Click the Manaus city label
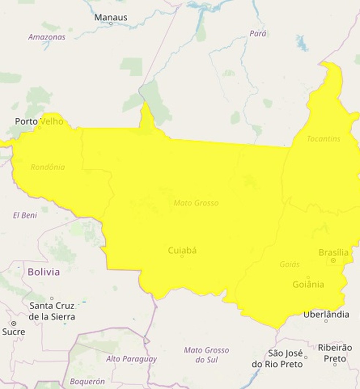click(111, 17)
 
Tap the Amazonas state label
click(47, 37)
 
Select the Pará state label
click(258, 34)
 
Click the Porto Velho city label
click(39, 121)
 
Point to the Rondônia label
click(48, 167)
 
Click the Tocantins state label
click(323, 139)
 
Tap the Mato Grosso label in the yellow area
click(196, 203)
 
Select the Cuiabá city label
click(182, 250)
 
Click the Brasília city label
click(333, 252)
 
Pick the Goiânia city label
click(308, 284)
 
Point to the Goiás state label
click(289, 264)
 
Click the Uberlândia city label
click(326, 314)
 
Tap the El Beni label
click(25, 215)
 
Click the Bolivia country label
click(44, 272)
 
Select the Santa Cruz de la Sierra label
click(52, 311)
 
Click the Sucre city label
click(14, 332)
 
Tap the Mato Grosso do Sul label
click(206, 355)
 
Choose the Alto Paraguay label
click(131, 359)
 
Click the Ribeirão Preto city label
click(335, 353)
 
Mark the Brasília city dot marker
click(333, 260)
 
